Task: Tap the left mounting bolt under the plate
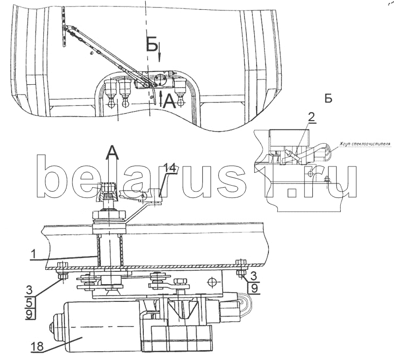click(63, 271)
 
